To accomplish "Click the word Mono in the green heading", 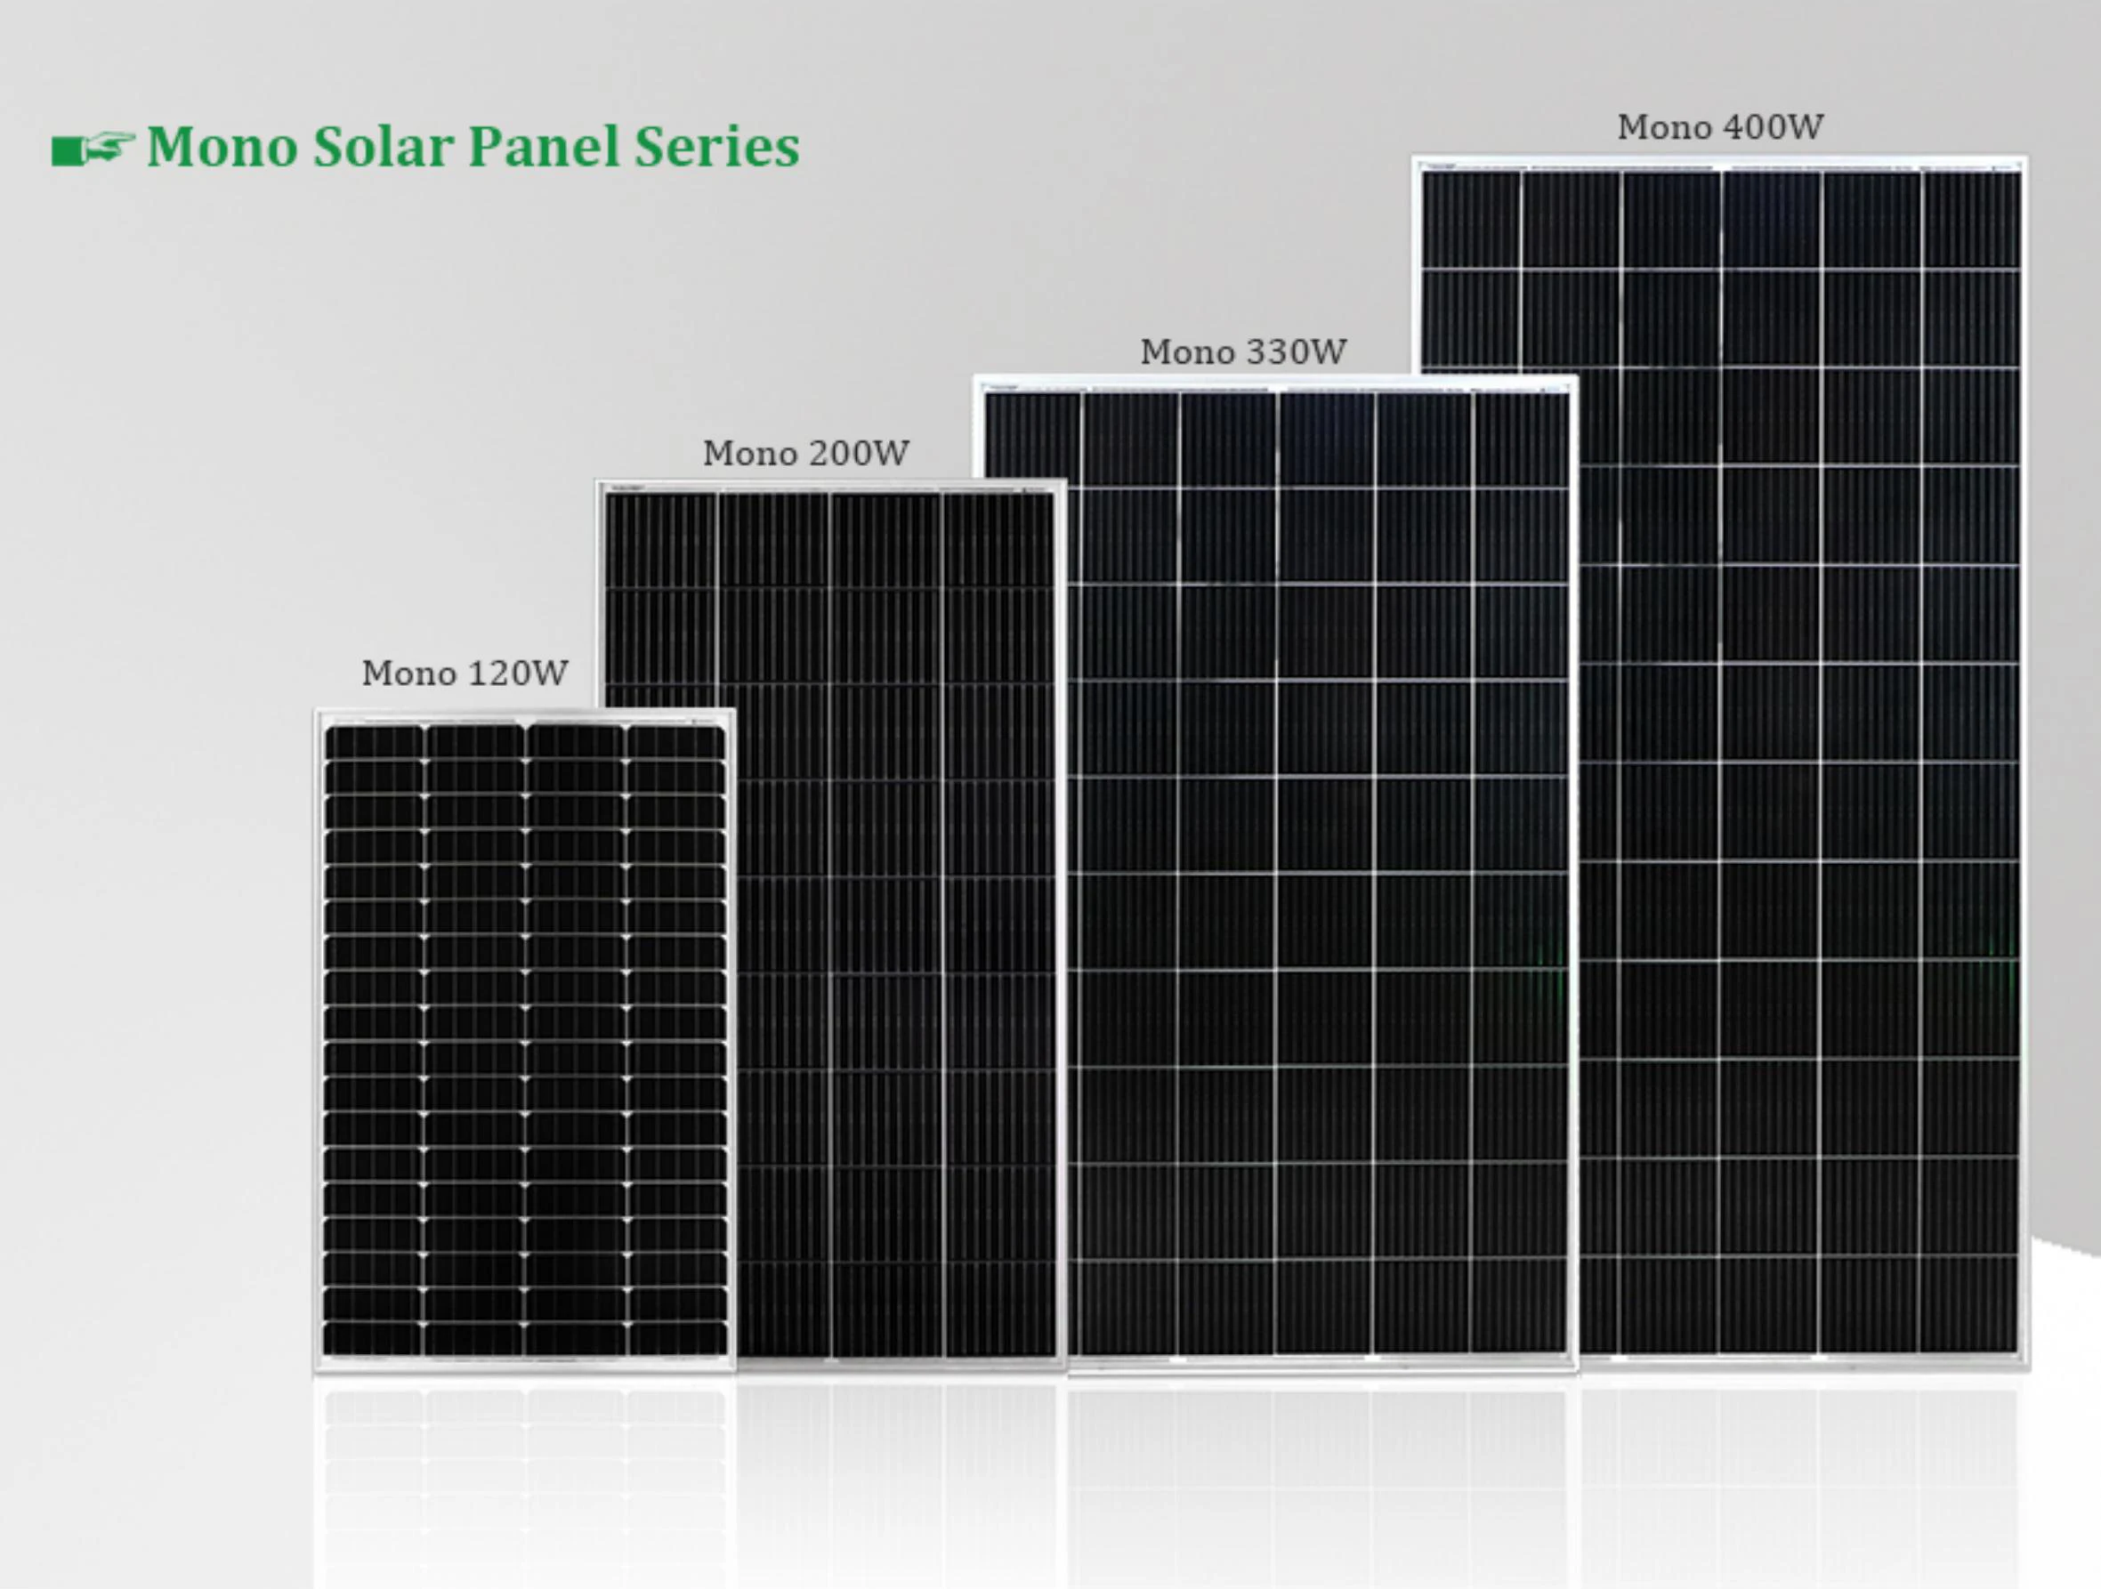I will coord(222,147).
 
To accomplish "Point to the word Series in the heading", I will coord(716,147).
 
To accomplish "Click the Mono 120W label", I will coord(465,674).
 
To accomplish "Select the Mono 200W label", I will coord(805,453).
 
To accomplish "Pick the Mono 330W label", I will coord(1242,352).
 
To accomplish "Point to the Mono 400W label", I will coord(1720,127).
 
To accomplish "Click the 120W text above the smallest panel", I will coord(517,674).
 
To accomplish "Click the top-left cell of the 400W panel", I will coord(1470,221).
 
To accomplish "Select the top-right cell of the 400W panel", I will coord(1971,221).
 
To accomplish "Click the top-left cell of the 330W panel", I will coord(1032,440).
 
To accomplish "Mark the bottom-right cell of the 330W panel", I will coord(1520,1306).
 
